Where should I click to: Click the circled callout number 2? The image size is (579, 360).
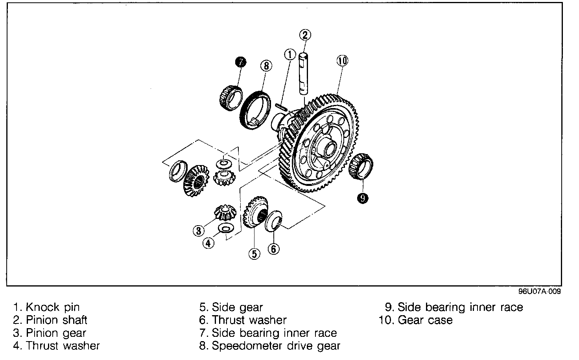pos(305,35)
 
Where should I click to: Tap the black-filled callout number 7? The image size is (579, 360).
pos(240,62)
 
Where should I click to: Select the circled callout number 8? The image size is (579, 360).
pos(266,66)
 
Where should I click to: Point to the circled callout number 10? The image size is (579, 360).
pos(342,61)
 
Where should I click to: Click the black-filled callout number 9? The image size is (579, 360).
pos(362,198)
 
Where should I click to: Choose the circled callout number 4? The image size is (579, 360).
pos(209,243)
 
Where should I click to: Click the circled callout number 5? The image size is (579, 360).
pos(254,254)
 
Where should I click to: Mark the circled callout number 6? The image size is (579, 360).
pos(274,248)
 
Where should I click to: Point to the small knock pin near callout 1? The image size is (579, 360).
pos(282,107)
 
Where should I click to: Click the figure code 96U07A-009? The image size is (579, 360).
pos(539,292)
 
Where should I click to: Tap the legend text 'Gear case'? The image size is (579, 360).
pos(425,320)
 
